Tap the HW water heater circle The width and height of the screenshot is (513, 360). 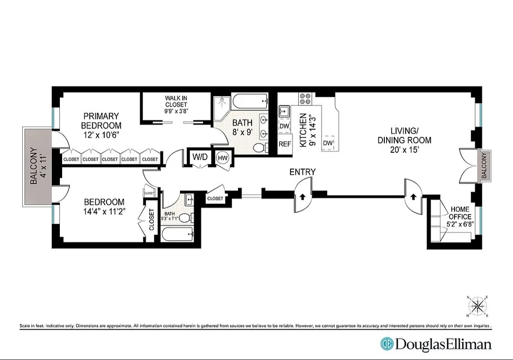pyautogui.click(x=222, y=158)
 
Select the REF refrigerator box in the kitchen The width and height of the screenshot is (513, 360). pyautogui.click(x=284, y=144)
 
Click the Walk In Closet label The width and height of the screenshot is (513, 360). pyautogui.click(x=176, y=101)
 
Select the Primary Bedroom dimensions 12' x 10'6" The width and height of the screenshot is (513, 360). pyautogui.click(x=101, y=134)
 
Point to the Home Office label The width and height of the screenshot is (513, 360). pyautogui.click(x=459, y=213)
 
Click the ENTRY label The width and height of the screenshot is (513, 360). pyautogui.click(x=302, y=172)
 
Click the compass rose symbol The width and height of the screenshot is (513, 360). pyautogui.click(x=478, y=307)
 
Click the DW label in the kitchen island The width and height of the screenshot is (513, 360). pyautogui.click(x=328, y=143)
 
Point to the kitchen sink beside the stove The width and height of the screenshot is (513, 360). pyautogui.click(x=284, y=111)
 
